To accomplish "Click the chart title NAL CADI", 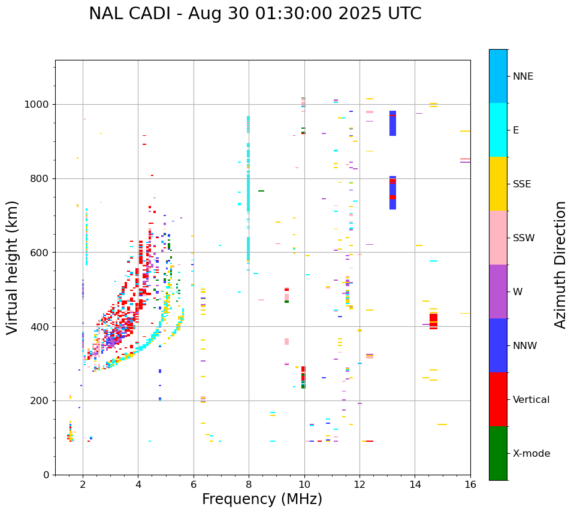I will (255, 14).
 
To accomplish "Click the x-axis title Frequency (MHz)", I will (262, 499).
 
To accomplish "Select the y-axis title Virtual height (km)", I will (13, 267).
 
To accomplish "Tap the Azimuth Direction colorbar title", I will (560, 264).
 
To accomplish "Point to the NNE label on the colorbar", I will (522, 77).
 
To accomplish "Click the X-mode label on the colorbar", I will (531, 454).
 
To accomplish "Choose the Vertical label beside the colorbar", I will (531, 400).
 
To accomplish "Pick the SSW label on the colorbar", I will (524, 238).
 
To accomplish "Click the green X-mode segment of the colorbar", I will (498, 453).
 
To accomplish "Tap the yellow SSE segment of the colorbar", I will (498, 184).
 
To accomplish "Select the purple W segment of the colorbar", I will (498, 292).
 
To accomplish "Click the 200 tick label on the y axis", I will (41, 400).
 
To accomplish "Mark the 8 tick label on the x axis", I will (249, 485).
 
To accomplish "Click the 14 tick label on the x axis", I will (415, 485).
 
